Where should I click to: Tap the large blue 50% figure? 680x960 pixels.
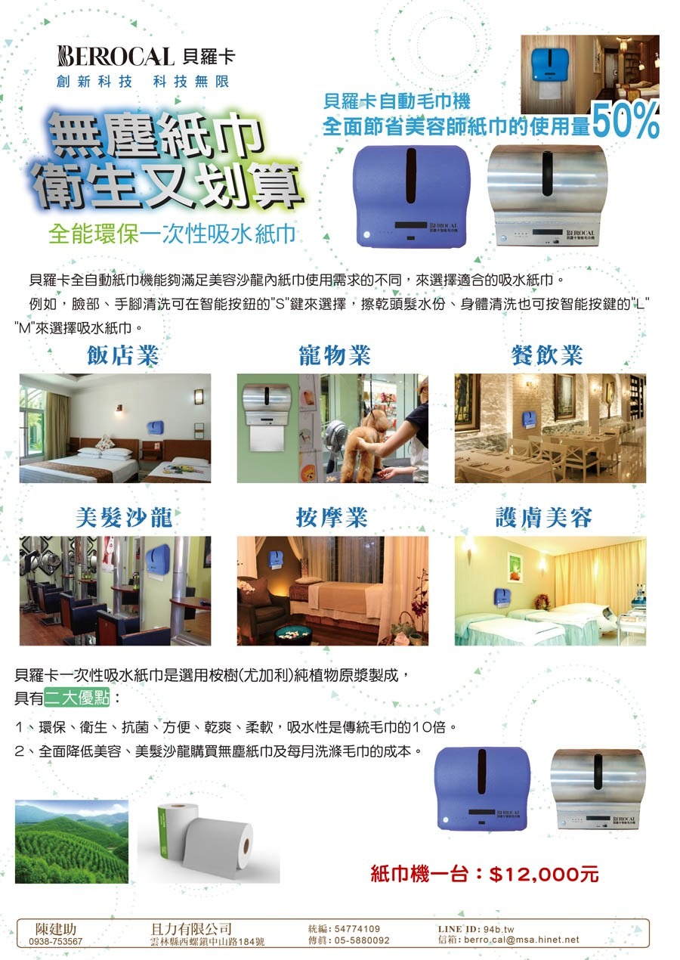[625, 120]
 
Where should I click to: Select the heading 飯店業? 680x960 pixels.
[123, 355]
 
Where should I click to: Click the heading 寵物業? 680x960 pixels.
[335, 355]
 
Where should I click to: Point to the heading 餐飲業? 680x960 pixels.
[547, 355]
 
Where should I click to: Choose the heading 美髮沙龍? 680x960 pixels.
[124, 517]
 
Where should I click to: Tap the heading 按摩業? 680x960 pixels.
[332, 517]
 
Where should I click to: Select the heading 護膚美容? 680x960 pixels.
[544, 517]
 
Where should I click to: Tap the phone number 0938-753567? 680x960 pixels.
[56, 942]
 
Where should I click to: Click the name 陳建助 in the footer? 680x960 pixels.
[56, 929]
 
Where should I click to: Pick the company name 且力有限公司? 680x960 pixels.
[191, 929]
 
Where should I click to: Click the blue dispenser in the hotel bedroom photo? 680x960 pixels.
[156, 427]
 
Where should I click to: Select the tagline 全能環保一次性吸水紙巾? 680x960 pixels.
[172, 234]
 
